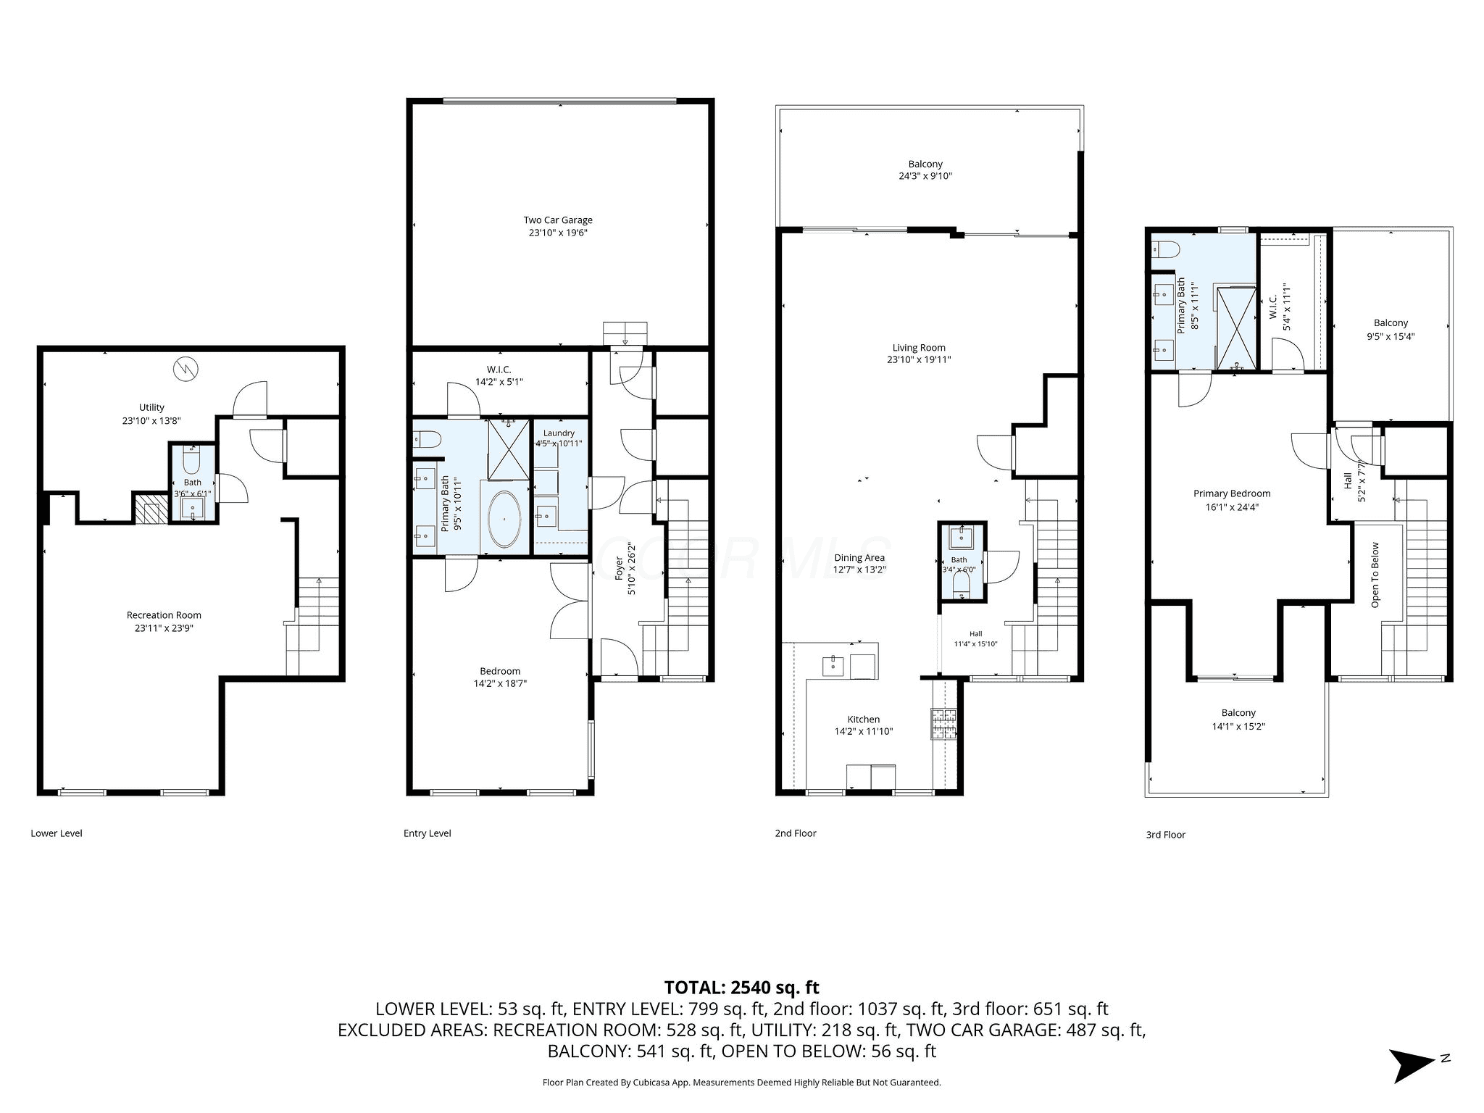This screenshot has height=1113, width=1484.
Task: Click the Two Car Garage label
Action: (558, 220)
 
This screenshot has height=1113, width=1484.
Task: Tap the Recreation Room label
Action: (164, 615)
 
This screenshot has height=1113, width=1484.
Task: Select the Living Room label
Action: (919, 348)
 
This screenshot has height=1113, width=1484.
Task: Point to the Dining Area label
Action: (859, 558)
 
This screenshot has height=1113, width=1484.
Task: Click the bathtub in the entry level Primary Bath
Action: (504, 520)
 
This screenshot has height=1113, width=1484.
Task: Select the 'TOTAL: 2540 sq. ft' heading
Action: (741, 987)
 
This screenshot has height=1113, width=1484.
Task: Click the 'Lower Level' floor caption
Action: (57, 833)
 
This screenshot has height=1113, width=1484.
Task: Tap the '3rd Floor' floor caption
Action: (1166, 835)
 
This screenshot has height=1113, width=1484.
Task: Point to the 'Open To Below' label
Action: (1375, 575)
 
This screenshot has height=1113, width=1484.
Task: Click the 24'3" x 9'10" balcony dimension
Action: (925, 176)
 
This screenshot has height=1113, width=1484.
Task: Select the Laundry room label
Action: (559, 433)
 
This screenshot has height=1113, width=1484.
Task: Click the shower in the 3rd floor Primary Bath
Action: (1235, 328)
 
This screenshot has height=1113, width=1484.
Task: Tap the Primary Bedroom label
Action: (1232, 493)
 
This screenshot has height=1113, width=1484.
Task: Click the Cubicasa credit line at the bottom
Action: (741, 1083)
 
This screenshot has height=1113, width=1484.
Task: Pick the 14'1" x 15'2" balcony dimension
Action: (1238, 727)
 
